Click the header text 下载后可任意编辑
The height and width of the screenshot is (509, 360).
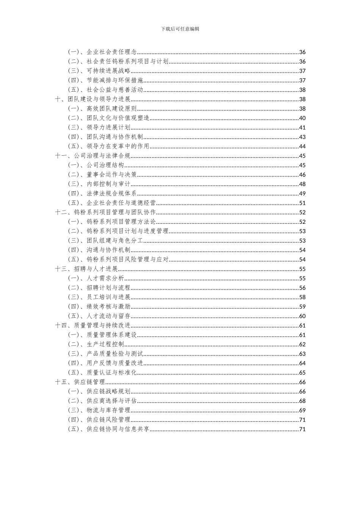pos(180,29)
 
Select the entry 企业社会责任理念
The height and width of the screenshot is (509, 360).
pos(111,52)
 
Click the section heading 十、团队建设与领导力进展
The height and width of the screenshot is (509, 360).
pos(93,99)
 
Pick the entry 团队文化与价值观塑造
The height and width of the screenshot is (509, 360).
pos(118,118)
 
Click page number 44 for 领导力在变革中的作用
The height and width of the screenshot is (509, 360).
pos(302,147)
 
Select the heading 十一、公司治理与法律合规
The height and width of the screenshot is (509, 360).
pos(93,156)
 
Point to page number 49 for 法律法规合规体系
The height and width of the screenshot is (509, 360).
pos(302,194)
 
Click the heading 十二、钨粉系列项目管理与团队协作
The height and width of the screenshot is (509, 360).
pos(106,212)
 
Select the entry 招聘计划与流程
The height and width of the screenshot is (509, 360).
pos(108,288)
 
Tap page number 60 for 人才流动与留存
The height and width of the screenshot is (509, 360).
pos(302,316)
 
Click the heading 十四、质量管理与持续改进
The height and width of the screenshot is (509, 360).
pos(93,325)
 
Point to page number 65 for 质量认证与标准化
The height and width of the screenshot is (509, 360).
pos(302,373)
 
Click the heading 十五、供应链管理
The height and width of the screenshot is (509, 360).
pos(80,382)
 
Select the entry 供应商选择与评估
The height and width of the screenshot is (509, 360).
pos(111,401)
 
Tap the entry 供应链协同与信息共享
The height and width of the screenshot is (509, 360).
pos(118,429)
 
